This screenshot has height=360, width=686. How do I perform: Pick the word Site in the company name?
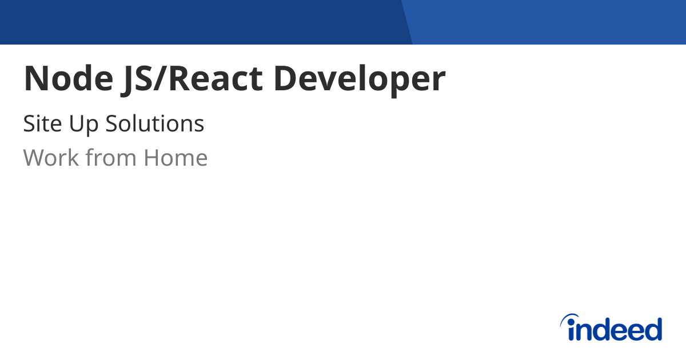pyautogui.click(x=42, y=123)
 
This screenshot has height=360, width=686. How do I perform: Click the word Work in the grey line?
pyautogui.click(x=50, y=158)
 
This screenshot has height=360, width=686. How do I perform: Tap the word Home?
pyautogui.click(x=176, y=158)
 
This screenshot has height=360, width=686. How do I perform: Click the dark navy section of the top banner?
pyautogui.click(x=200, y=22)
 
